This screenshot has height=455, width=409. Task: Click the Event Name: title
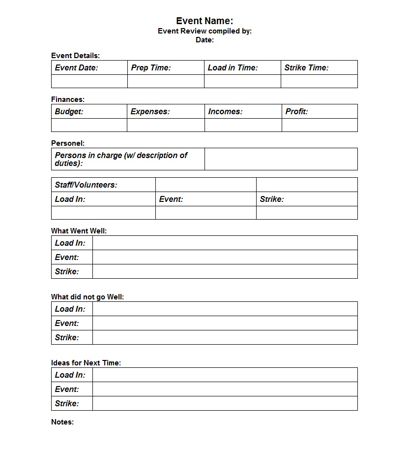(x=204, y=21)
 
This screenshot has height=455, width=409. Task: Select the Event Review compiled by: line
(x=204, y=31)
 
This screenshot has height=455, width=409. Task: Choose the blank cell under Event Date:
(x=89, y=81)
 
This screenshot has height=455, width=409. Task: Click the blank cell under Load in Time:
(x=242, y=81)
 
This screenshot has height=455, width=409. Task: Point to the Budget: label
(x=69, y=111)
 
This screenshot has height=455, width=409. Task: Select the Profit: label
(x=296, y=111)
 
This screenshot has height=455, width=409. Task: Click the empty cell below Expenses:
(x=166, y=125)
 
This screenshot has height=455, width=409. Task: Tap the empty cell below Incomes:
(x=243, y=125)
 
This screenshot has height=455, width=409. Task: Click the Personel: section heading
(x=68, y=143)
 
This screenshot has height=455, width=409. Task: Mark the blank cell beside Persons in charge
(x=281, y=159)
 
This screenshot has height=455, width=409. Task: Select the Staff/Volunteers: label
(x=86, y=185)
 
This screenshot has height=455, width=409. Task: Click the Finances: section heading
(x=68, y=99)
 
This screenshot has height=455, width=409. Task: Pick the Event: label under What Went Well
(x=67, y=257)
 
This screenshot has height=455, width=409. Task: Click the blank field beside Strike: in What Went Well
(x=225, y=271)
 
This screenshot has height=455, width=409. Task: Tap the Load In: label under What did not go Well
(x=70, y=309)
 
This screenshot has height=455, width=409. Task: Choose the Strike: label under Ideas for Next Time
(x=67, y=403)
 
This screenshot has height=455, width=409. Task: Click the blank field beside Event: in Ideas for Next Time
(x=225, y=389)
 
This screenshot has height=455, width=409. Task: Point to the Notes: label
(x=62, y=422)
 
